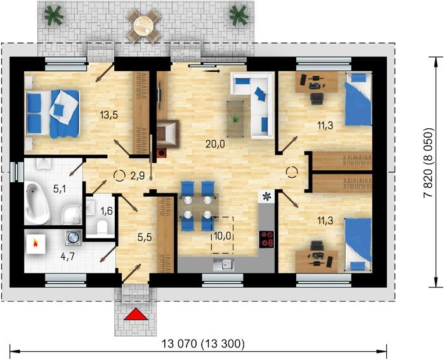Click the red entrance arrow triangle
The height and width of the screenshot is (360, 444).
(136, 314)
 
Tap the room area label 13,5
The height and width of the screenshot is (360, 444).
(108, 115)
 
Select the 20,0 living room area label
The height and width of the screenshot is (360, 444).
(215, 144)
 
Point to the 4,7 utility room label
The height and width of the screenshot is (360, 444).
(67, 257)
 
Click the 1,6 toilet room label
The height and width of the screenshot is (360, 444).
(107, 211)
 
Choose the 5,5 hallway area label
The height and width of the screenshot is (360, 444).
(145, 237)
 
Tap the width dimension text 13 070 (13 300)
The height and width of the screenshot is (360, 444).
(203, 344)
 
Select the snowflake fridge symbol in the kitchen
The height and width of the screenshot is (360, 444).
(266, 196)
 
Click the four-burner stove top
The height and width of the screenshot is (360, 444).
(266, 239)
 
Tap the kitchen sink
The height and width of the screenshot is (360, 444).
(224, 265)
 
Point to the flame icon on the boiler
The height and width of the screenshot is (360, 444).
(36, 243)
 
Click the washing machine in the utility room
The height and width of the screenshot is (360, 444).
(74, 237)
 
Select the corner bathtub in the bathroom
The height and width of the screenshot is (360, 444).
(37, 203)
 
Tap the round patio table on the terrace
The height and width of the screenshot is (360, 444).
(143, 25)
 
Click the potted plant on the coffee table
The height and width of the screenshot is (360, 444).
(235, 119)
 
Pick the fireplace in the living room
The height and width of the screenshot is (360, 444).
(167, 134)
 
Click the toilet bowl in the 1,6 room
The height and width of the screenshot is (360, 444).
(101, 227)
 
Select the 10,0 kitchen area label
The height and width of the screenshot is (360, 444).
(222, 236)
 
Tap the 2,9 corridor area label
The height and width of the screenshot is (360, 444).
(138, 176)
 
